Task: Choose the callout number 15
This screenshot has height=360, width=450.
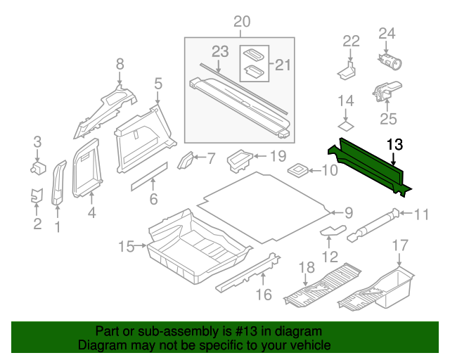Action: pyautogui.click(x=126, y=246)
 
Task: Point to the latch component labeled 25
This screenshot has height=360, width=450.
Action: pyautogui.click(x=384, y=91)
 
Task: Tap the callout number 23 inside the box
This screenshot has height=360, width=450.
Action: pyautogui.click(x=220, y=51)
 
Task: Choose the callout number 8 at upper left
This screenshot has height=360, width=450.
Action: pyautogui.click(x=120, y=64)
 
